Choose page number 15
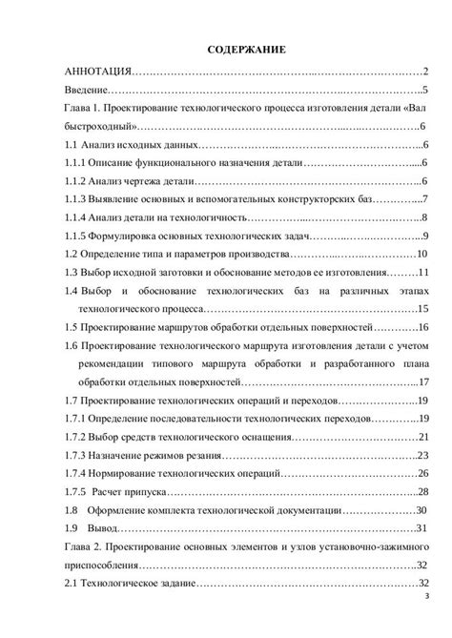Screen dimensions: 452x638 [x=425, y=308]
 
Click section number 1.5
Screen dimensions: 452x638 [x=70, y=327]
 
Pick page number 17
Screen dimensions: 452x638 [x=425, y=381]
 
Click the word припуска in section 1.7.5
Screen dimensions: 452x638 [x=148, y=491]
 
